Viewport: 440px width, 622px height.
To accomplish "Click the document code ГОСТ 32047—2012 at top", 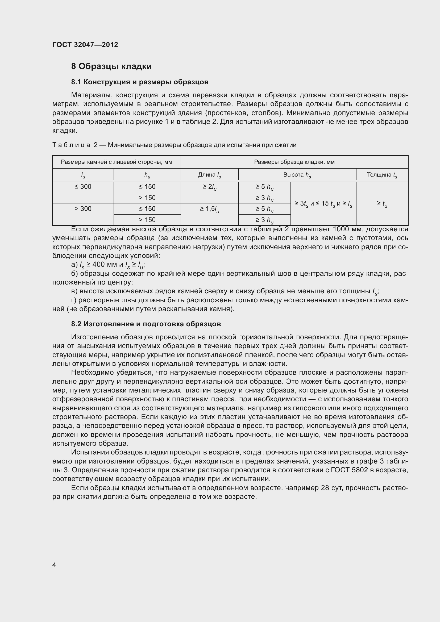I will pyautogui.click(x=85, y=45).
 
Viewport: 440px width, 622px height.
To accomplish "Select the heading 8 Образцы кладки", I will pyautogui.click(x=111, y=66).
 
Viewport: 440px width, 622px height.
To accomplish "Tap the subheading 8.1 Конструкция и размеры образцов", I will pyautogui.click(x=140, y=82).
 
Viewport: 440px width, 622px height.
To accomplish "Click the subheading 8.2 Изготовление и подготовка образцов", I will pyautogui.click(x=146, y=324).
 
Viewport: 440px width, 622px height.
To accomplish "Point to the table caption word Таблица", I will pyautogui.click(x=71, y=145).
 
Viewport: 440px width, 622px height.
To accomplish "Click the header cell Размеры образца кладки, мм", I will pyautogui.click(x=294, y=162).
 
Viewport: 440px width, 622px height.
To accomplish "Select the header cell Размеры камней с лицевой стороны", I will pyautogui.click(x=117, y=162).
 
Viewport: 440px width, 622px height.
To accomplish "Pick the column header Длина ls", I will pyautogui.click(x=209, y=175).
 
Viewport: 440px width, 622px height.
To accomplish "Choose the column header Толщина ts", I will pyautogui.click(x=382, y=175).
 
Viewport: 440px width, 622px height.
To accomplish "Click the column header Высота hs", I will pyautogui.click(x=297, y=175).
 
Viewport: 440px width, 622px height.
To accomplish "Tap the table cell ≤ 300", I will pyautogui.click(x=83, y=187).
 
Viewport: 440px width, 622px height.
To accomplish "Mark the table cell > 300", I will pyautogui.click(x=83, y=208).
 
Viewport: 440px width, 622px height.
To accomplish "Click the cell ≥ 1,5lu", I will pyautogui.click(x=209, y=209).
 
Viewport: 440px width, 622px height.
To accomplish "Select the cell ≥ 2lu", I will pyautogui.click(x=209, y=187).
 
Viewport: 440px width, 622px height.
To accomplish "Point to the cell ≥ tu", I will pyautogui.click(x=382, y=204).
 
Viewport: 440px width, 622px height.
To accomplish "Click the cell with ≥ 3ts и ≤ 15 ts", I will pyautogui.click(x=323, y=204).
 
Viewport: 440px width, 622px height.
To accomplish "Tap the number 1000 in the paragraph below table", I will pyautogui.click(x=342, y=229).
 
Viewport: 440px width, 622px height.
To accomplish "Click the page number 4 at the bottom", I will pyautogui.click(x=54, y=565).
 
